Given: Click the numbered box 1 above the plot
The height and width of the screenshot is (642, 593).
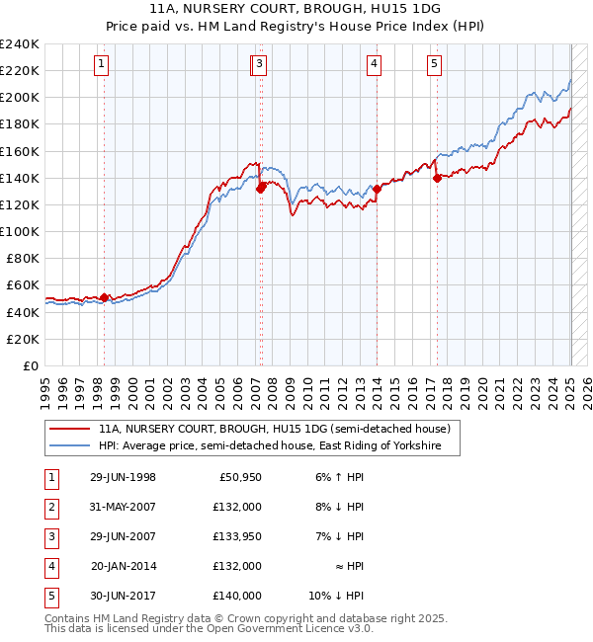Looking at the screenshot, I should tap(103, 65).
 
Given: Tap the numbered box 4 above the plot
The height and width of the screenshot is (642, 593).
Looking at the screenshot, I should tap(375, 65).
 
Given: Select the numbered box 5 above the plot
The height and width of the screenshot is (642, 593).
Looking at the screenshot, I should tap(435, 65).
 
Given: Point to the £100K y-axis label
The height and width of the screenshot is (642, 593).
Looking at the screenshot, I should tap(20, 231).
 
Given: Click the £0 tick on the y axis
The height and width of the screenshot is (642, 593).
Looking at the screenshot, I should tap(32, 365).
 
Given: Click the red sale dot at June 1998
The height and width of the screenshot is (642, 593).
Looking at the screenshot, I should tap(105, 297).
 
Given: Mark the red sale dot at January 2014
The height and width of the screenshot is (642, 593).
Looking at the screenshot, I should tap(377, 189).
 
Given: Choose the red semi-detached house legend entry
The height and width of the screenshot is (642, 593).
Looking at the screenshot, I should tap(274, 429).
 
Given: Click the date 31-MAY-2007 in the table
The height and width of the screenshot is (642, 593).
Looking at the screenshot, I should tap(122, 506).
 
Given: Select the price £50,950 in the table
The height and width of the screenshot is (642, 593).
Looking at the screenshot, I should tap(236, 477).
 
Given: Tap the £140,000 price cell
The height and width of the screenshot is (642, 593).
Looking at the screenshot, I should tap(236, 596).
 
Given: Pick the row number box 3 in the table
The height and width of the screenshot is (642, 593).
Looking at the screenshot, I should tap(49, 536).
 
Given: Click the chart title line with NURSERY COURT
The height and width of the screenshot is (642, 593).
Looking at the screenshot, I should tap(296, 8).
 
